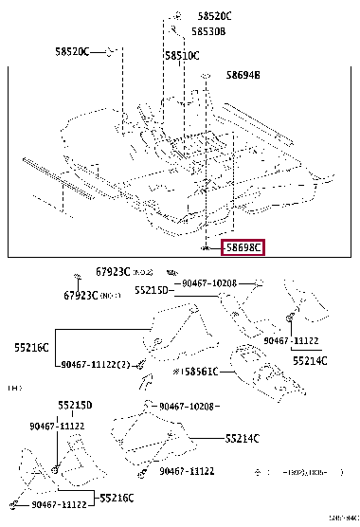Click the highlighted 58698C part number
(x=243, y=247)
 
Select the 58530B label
(x=207, y=31)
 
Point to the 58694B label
(x=243, y=74)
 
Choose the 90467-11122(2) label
(x=93, y=364)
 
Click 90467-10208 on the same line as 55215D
(x=209, y=282)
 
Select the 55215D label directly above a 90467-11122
(x=75, y=405)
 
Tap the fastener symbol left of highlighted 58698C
(x=206, y=247)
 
